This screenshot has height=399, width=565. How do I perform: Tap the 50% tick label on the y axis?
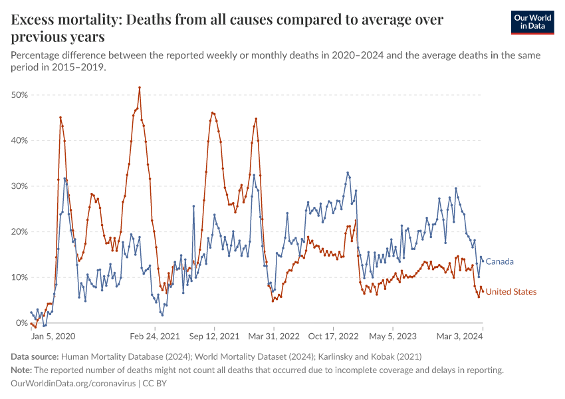[x=19, y=95]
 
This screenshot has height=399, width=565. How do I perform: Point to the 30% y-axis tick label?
[x=19, y=186]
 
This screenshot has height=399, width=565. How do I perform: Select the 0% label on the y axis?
[x=22, y=323]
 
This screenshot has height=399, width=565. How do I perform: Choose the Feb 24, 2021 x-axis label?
[x=155, y=336]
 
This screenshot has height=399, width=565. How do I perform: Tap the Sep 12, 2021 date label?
[x=215, y=336]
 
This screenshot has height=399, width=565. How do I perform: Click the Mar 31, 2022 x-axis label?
[x=273, y=336]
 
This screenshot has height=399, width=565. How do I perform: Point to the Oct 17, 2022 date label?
[x=334, y=336]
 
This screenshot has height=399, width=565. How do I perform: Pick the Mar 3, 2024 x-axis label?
[x=458, y=336]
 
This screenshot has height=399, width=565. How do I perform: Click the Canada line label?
[x=500, y=261]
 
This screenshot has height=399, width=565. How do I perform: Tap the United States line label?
[x=511, y=292]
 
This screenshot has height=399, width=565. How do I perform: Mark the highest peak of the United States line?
[x=140, y=87]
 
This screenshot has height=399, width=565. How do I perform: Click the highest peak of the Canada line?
[x=348, y=173]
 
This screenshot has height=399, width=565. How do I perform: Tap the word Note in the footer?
[x=23, y=370]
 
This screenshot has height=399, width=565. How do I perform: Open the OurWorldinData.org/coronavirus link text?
[x=72, y=384]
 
